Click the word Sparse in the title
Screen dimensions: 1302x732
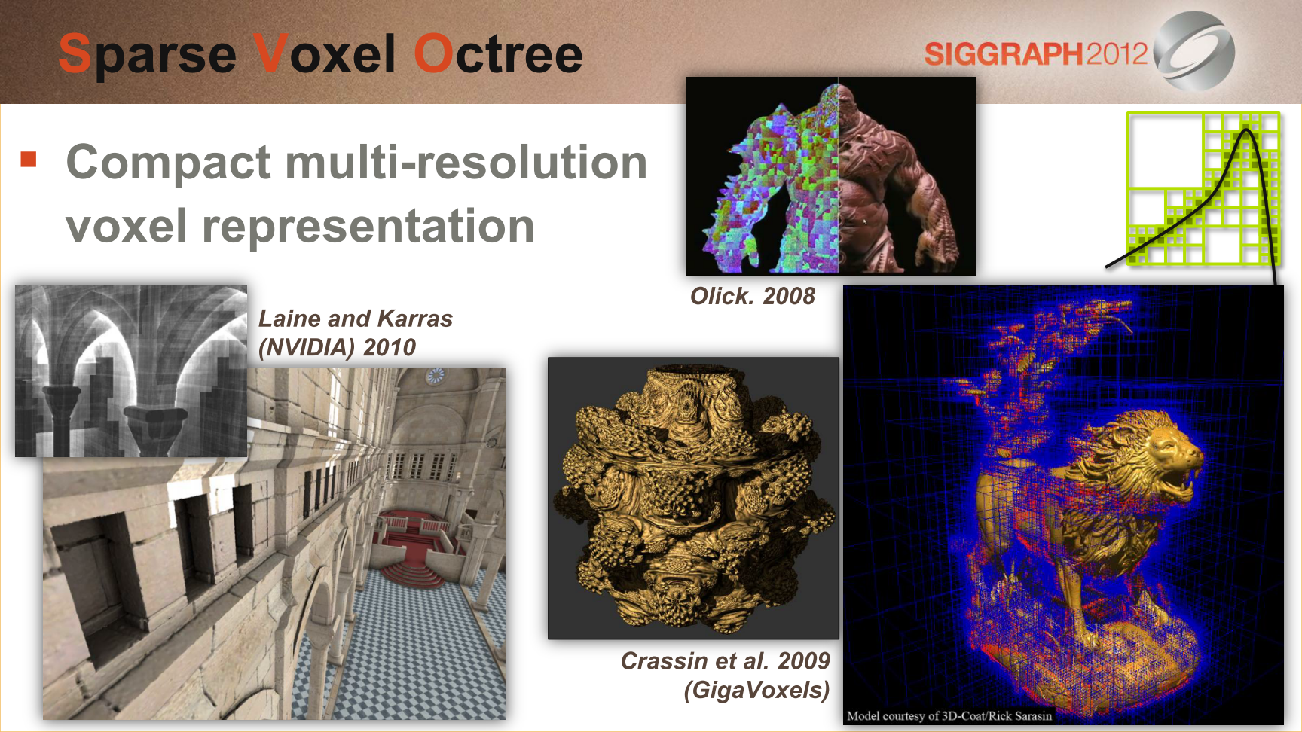pyautogui.click(x=148, y=55)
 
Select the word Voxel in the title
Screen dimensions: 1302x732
pyautogui.click(x=325, y=53)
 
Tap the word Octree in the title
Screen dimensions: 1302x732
pyautogui.click(x=498, y=53)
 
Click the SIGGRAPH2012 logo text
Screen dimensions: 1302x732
pyautogui.click(x=1036, y=53)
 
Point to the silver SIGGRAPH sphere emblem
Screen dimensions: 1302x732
pyautogui.click(x=1194, y=51)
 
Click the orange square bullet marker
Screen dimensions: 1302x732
pyautogui.click(x=29, y=159)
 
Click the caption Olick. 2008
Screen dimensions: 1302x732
pyautogui.click(x=753, y=296)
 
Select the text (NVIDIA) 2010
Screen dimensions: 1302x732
pyautogui.click(x=337, y=347)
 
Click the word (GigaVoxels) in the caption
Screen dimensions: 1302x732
pyautogui.click(x=756, y=690)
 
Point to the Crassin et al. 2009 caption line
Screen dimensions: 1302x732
pyautogui.click(x=725, y=660)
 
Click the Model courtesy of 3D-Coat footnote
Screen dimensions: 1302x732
pyautogui.click(x=949, y=715)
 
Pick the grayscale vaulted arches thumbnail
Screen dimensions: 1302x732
pyautogui.click(x=131, y=371)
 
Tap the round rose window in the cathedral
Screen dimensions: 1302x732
pyautogui.click(x=436, y=376)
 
